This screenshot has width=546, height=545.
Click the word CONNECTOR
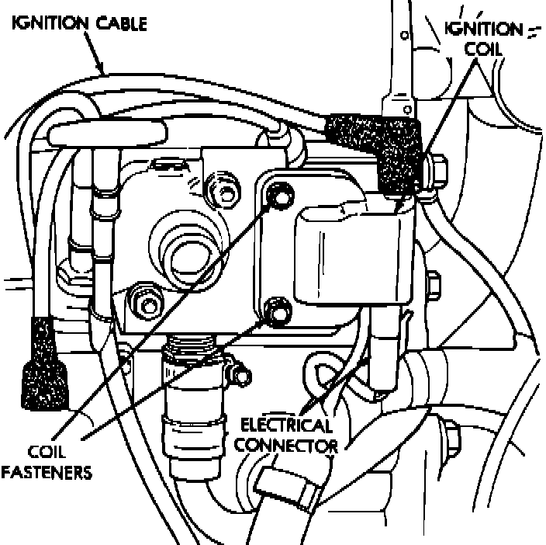tap(286, 446)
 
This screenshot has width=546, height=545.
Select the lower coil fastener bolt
tap(277, 311)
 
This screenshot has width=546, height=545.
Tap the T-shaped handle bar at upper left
tap(108, 136)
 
